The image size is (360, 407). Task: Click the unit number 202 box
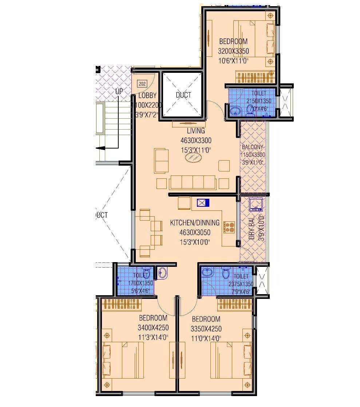pyautogui.click(x=142, y=84)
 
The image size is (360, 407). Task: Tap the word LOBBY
pyautogui.click(x=147, y=96)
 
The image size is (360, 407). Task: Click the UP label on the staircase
pyautogui.click(x=119, y=91)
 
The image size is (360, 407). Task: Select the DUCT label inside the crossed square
pyautogui.click(x=183, y=95)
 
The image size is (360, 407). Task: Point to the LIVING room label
pyautogui.click(x=196, y=131)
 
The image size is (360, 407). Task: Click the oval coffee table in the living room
pyautogui.click(x=193, y=158)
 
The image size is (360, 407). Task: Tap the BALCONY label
pyautogui.click(x=253, y=147)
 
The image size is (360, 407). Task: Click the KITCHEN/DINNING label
pyautogui.click(x=195, y=223)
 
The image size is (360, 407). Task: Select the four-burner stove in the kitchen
pyautogui.click(x=229, y=227)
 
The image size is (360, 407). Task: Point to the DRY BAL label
pyautogui.click(x=252, y=229)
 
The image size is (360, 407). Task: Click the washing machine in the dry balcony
pyautogui.click(x=256, y=205)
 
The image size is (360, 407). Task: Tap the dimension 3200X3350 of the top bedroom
pyautogui.click(x=233, y=51)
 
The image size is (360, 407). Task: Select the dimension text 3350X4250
pyautogui.click(x=206, y=329)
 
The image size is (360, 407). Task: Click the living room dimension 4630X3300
pyautogui.click(x=196, y=140)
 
